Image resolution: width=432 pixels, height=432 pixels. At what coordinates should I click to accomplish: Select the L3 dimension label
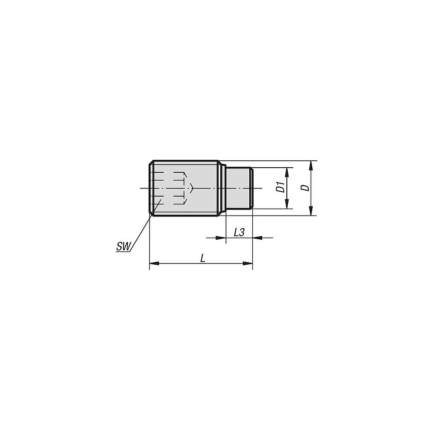(239, 232)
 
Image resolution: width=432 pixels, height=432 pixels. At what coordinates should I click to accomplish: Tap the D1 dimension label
(280, 188)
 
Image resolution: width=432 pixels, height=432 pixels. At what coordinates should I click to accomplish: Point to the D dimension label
(305, 188)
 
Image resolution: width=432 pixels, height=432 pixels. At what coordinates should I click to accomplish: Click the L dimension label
(202, 258)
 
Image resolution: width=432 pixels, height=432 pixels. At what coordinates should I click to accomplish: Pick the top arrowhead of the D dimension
(311, 165)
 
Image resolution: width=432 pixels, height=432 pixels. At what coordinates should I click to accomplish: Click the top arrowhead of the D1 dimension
(286, 171)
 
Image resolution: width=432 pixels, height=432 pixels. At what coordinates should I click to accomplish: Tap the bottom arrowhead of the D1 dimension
(286, 206)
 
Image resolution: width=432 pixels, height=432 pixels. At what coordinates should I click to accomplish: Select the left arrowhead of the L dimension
(153, 263)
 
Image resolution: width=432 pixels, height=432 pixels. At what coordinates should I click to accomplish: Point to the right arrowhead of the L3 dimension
(256, 237)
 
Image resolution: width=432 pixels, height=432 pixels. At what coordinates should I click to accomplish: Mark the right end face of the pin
(252, 188)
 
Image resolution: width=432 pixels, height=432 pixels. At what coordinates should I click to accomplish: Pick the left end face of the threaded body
(149, 188)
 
